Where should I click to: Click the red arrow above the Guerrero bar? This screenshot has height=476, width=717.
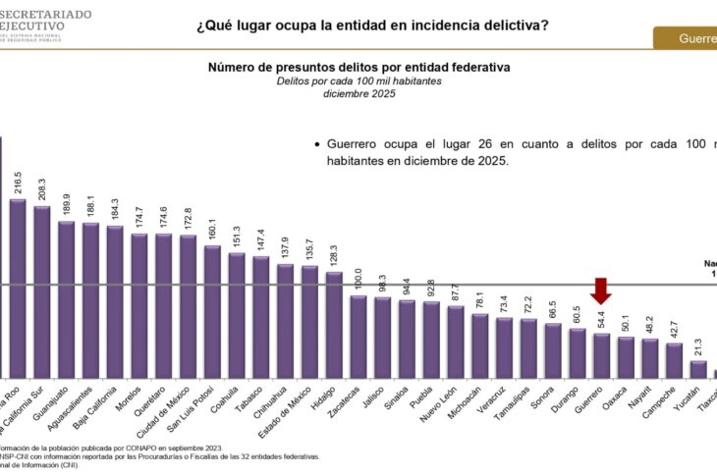pyautogui.click(x=601, y=291)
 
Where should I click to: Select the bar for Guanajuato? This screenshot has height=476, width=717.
pyautogui.click(x=67, y=298)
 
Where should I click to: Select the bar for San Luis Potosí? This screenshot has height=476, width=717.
pyautogui.click(x=212, y=311)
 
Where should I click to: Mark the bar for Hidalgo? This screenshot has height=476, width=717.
pyautogui.click(x=334, y=324)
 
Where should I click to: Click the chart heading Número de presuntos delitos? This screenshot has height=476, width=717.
pyautogui.click(x=358, y=67)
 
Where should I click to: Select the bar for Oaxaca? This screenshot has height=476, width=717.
pyautogui.click(x=625, y=357)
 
